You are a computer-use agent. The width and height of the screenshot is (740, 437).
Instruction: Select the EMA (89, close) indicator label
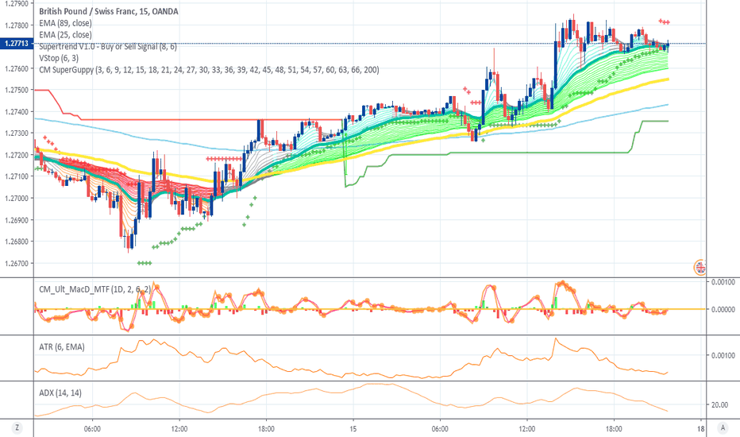point(65,24)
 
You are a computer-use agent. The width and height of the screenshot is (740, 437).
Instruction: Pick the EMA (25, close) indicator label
point(65,35)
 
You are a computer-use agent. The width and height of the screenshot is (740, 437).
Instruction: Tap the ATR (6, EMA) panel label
point(62,346)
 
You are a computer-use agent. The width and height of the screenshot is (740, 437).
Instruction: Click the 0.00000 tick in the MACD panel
point(722,309)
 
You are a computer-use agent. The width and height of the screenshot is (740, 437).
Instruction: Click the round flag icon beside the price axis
point(701,267)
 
